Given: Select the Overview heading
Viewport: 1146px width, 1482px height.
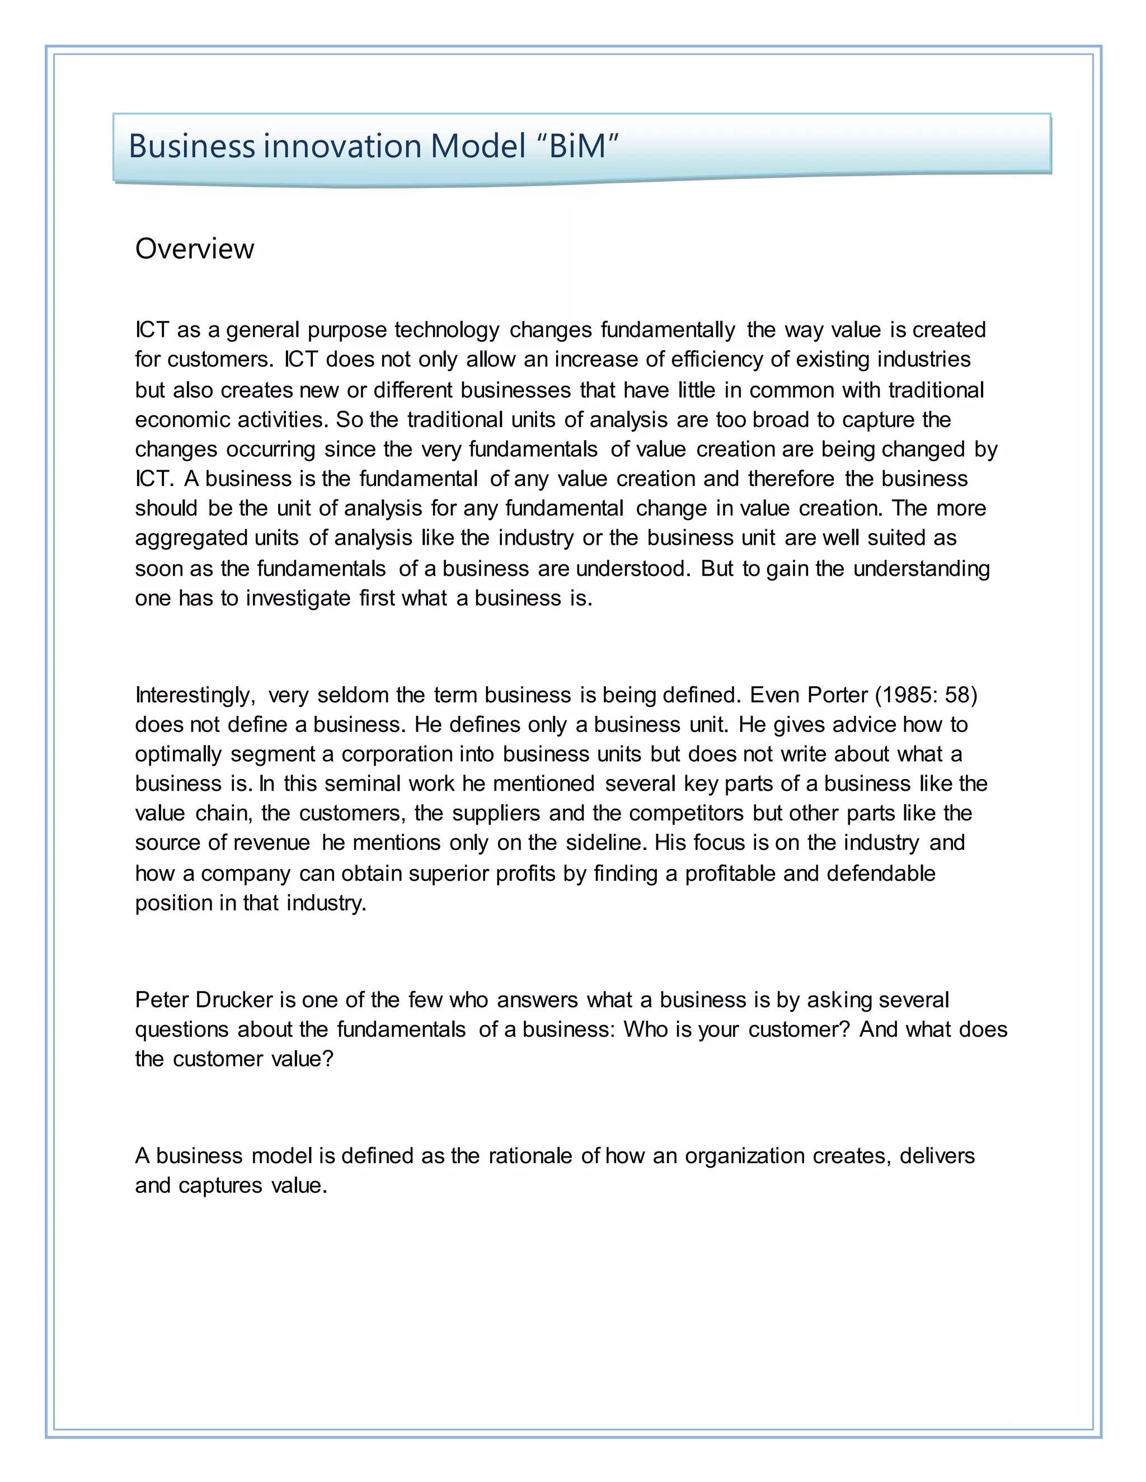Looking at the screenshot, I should [x=194, y=249].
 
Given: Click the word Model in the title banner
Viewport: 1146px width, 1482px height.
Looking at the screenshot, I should [x=478, y=146].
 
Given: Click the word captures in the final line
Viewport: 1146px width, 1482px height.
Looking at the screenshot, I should [x=220, y=1186].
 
